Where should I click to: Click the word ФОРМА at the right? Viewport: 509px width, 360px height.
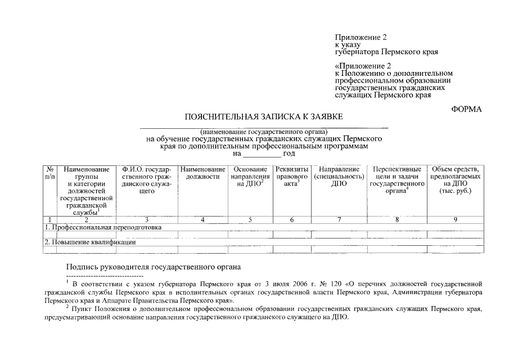pos(466,109)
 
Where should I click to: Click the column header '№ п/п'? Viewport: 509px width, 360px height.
pos(50,173)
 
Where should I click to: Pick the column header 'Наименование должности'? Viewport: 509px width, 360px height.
pos(202,173)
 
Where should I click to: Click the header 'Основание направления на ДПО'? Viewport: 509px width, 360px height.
pos(250,176)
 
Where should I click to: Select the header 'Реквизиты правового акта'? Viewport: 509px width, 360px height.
pos(292,176)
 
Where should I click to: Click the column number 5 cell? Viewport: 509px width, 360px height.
pos(250,219)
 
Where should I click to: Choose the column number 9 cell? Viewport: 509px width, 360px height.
pos(455,219)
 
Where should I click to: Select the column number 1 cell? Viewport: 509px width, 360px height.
pos(50,219)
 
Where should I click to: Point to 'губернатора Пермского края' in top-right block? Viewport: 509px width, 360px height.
pos(386,52)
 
